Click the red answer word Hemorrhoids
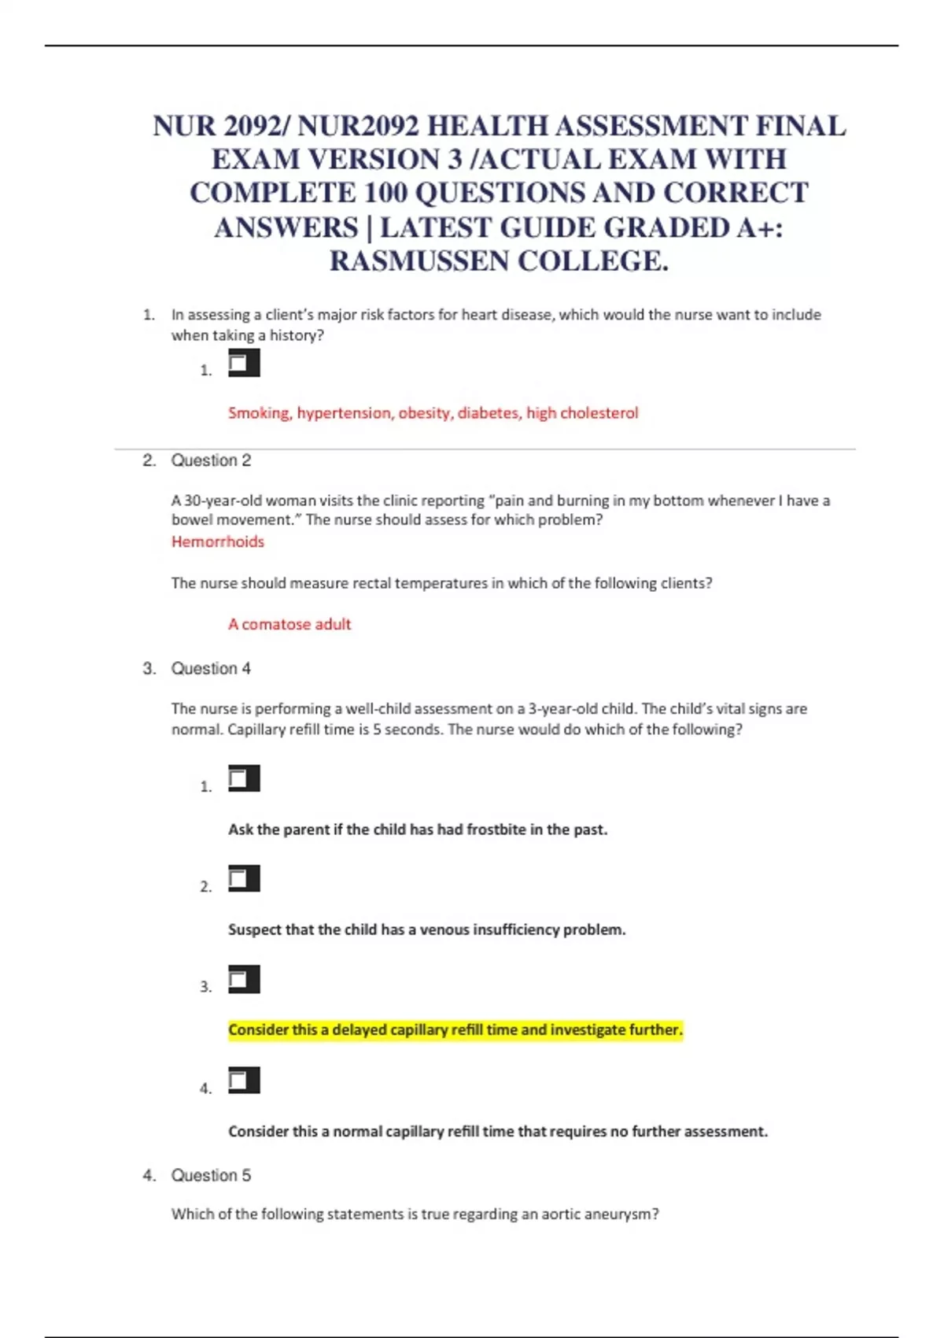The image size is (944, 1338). pyautogui.click(x=218, y=541)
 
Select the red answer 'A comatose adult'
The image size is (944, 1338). pyautogui.click(x=289, y=624)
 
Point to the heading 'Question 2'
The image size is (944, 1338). pyautogui.click(x=211, y=460)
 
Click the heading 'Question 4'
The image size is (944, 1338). pyautogui.click(x=211, y=668)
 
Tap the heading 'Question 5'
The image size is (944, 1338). pyautogui.click(x=211, y=1175)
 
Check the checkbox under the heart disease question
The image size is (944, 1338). pyautogui.click(x=243, y=364)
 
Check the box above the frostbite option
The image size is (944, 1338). pyautogui.click(x=243, y=779)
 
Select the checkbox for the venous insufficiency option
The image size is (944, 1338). pyautogui.click(x=243, y=879)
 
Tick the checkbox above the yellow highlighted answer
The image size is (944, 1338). pyautogui.click(x=243, y=980)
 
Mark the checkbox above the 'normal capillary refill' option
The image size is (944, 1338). pyautogui.click(x=243, y=1081)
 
